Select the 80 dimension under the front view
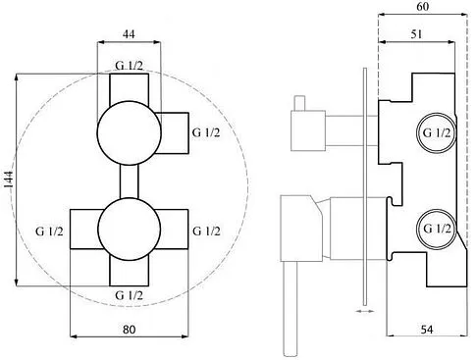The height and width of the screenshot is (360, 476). coord(130,331)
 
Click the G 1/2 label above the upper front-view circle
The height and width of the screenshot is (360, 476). coord(130,66)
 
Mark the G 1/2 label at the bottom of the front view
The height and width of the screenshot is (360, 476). coord(131,294)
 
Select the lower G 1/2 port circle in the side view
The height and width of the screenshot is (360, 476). coord(436,228)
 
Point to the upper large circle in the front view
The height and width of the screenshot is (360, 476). coord(127,129)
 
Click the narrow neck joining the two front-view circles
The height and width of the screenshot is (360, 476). coord(127,180)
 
